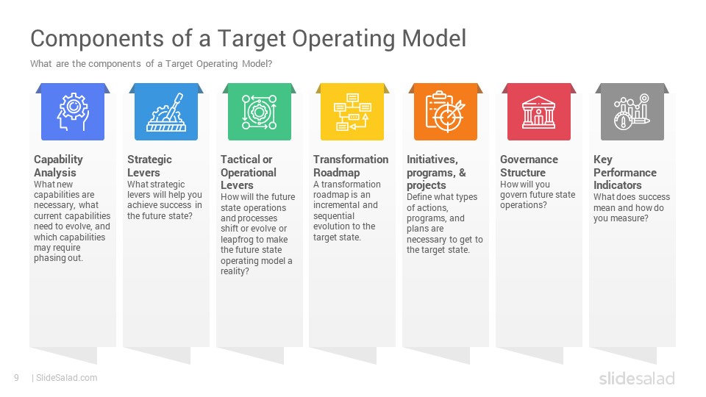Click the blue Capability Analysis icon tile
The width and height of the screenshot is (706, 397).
(73, 111)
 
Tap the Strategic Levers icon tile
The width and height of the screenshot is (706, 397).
(166, 111)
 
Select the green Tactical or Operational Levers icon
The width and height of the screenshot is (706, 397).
(259, 111)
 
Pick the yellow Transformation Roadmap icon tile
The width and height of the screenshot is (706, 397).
(352, 111)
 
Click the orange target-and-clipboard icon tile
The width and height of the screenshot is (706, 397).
(446, 111)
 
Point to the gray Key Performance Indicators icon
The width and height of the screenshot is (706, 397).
(632, 111)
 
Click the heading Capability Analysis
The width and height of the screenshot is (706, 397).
(59, 166)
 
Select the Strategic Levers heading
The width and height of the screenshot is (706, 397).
(149, 166)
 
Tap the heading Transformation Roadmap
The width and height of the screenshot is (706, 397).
(351, 166)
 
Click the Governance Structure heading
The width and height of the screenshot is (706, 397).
(529, 166)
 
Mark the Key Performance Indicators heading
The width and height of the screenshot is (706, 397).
(624, 172)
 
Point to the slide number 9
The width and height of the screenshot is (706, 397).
(16, 378)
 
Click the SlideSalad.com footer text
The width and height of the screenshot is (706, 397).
(66, 378)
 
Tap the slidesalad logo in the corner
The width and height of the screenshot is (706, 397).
(636, 378)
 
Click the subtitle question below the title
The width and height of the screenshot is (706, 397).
(151, 64)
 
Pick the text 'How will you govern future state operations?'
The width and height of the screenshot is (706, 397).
(537, 195)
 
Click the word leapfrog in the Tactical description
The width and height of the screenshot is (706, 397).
(240, 240)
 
